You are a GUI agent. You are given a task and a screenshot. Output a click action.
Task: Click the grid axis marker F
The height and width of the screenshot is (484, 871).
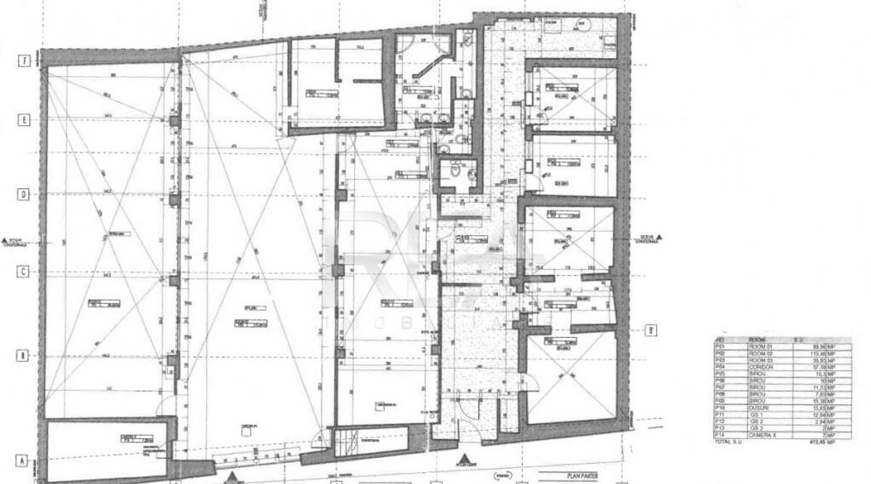click(x=24, y=61)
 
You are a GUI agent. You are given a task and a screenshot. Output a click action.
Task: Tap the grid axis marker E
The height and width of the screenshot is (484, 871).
click(x=24, y=120)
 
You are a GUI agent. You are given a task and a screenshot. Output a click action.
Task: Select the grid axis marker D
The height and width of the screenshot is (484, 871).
click(x=24, y=194)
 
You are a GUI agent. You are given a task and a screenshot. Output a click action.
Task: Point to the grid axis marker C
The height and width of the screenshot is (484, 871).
click(x=24, y=271)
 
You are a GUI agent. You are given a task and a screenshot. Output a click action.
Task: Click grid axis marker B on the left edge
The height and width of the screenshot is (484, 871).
click(x=24, y=356)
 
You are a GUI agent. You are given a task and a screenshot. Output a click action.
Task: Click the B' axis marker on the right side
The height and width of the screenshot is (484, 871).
click(x=651, y=331)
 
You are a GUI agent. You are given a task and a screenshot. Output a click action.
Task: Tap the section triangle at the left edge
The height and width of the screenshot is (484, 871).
click(x=5, y=240)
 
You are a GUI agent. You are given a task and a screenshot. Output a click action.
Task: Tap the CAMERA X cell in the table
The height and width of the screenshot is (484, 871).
click(x=763, y=435)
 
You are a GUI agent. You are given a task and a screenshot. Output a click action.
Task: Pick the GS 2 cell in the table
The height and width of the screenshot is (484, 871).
click(x=757, y=422)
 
